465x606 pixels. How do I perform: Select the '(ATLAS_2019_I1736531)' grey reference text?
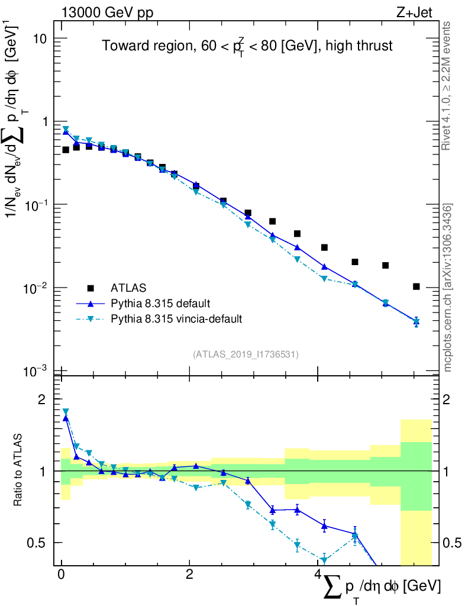coord(246,354)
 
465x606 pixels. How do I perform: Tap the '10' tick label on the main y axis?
coord(40,38)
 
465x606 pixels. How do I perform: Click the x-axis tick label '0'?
coord(61,575)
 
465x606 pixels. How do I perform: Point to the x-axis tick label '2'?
coord(189,575)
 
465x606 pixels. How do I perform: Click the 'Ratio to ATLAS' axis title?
coord(20,470)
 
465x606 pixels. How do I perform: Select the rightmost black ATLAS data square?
coord(416,286)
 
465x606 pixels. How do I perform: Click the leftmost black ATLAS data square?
coord(66,150)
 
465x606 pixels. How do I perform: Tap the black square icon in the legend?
coord(91,288)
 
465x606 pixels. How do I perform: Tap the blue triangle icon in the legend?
coord(91,304)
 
